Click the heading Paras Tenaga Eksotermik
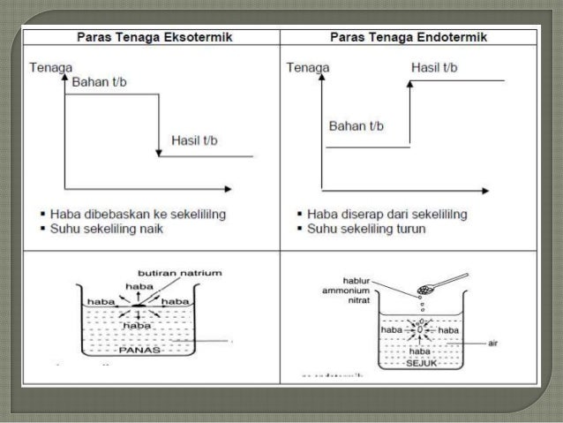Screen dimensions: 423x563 click(151, 38)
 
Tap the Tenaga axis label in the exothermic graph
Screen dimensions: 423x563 click(50, 67)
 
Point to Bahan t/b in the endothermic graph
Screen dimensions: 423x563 click(357, 125)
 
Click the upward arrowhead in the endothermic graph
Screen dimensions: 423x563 click(410, 85)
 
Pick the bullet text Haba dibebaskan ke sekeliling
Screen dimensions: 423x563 click(145, 214)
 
